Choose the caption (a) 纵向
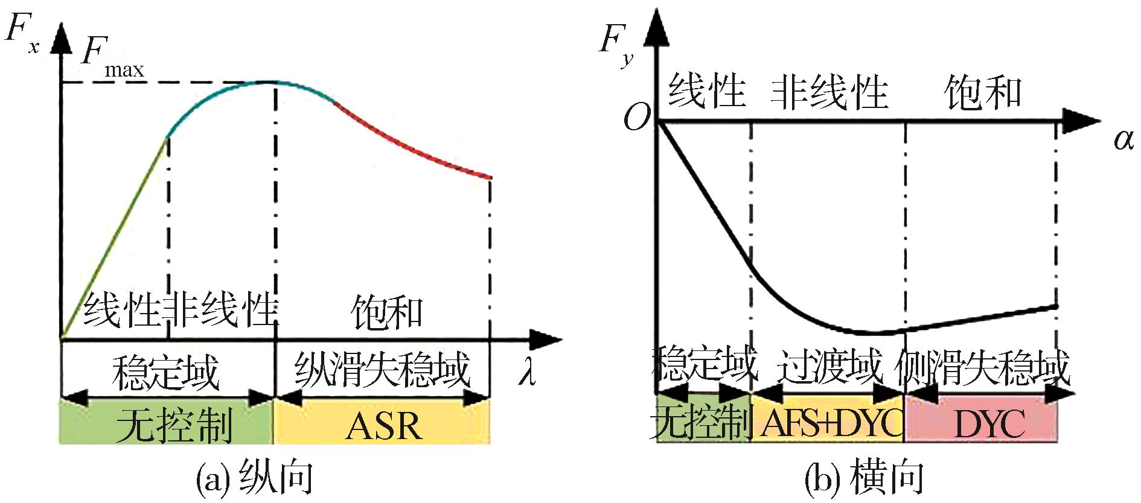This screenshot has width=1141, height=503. coord(254,479)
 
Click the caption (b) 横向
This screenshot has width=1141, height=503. coord(864,479)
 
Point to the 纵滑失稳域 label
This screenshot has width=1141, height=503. coord(382,369)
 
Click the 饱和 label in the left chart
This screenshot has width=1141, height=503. coord(387,312)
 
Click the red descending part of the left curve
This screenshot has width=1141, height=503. coord(411,145)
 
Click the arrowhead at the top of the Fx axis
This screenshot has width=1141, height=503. coord(61,36)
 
